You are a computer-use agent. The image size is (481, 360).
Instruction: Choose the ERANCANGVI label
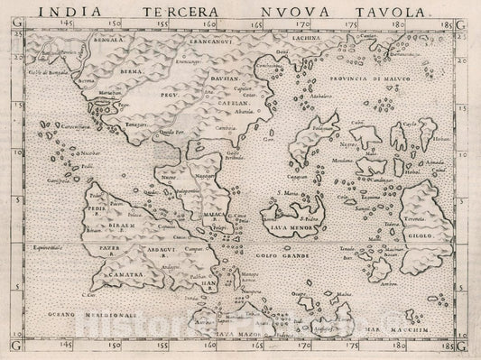[x=195, y=42]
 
